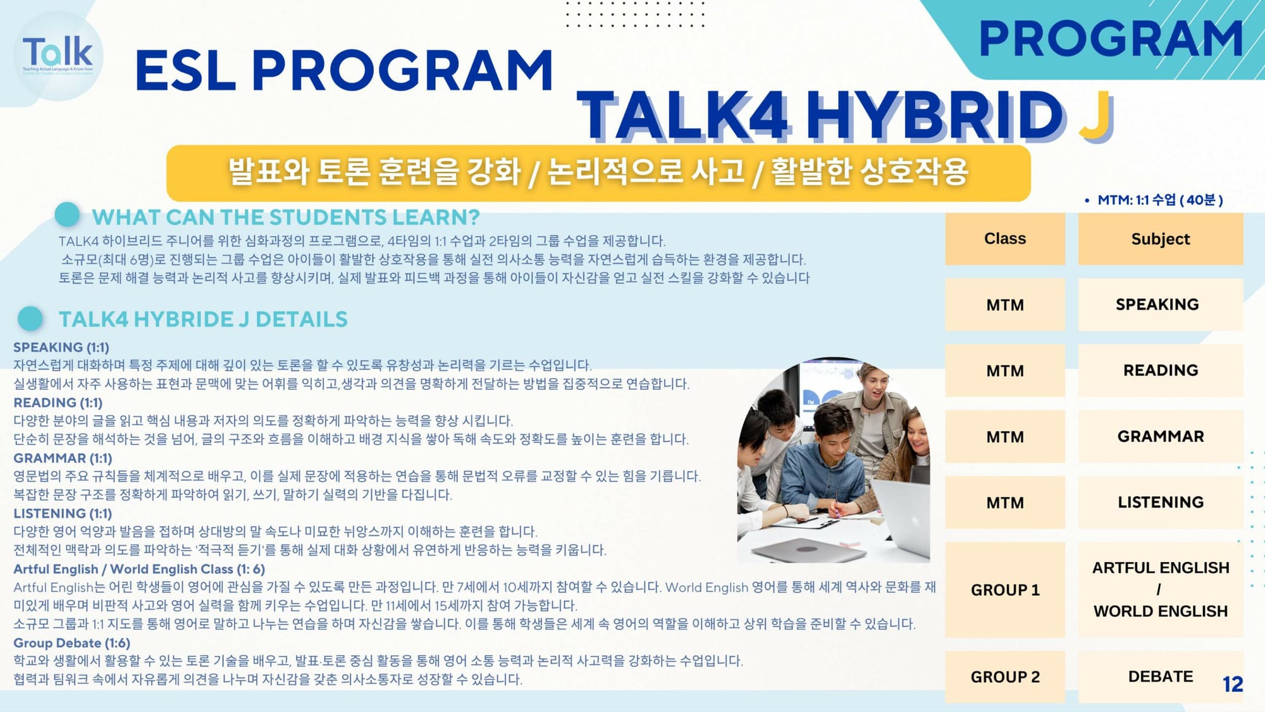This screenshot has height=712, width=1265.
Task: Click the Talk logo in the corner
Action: [58, 56]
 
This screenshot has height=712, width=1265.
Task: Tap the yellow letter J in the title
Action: [1096, 116]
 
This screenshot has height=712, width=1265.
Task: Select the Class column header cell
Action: [1005, 239]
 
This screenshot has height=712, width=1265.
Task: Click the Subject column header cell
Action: [1161, 239]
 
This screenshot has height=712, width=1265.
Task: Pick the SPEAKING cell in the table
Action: [1161, 304]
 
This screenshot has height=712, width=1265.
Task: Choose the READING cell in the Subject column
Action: [1161, 370]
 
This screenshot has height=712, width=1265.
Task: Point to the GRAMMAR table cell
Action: [1161, 436]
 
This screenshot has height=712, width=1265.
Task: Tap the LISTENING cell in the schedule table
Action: [1161, 503]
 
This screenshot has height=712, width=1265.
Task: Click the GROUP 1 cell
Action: [1005, 590]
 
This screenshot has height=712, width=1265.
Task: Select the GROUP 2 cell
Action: [1005, 677]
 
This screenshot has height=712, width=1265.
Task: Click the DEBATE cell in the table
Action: [1161, 677]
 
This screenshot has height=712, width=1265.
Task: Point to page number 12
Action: [1233, 684]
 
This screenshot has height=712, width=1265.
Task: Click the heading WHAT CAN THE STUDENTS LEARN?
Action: [286, 217]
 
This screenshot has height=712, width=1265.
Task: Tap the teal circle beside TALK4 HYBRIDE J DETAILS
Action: [30, 319]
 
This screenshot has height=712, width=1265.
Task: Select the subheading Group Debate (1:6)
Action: [71, 643]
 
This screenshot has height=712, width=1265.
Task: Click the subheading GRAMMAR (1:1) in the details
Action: [63, 458]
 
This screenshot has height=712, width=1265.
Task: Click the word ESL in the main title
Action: [185, 70]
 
